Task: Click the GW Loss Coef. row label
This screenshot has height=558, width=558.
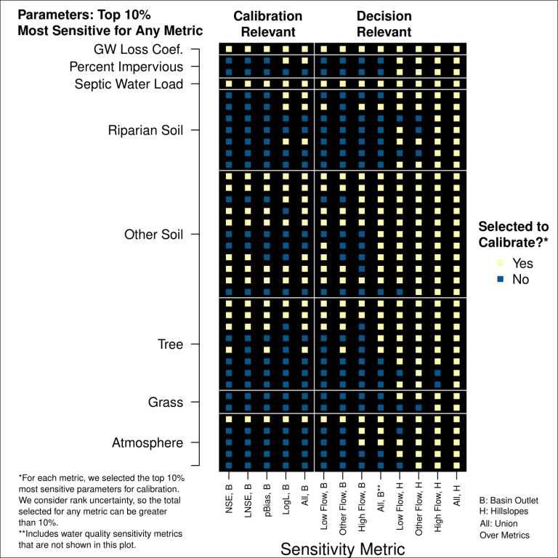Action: coord(138,49)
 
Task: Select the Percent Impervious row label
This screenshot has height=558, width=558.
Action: coord(126,67)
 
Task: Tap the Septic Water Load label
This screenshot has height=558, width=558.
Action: coord(129,84)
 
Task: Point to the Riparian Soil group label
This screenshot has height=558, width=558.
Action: coord(145,131)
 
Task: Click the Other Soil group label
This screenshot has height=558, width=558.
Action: coord(153,235)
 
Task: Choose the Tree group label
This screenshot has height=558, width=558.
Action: coord(170,344)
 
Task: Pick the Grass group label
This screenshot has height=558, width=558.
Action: coord(166,403)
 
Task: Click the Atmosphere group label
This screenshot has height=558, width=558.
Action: coord(147,443)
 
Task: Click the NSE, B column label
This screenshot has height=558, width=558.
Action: coord(228,502)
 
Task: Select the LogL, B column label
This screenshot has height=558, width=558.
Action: coord(286,501)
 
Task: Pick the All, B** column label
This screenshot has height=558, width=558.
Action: coord(380,501)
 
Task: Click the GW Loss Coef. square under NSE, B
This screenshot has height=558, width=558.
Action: coord(228,49)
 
